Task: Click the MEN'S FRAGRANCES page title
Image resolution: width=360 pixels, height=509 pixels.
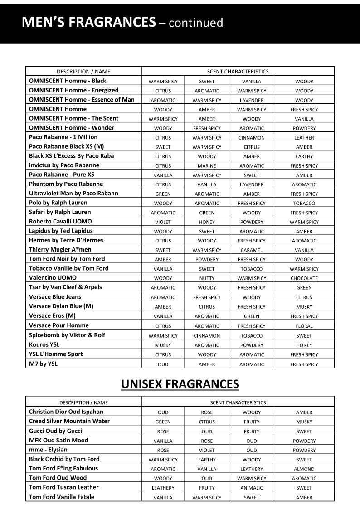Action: point(122,22)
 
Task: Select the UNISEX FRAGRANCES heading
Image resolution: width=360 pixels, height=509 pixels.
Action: point(180,384)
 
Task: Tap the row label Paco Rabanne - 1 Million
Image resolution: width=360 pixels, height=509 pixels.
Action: point(63,137)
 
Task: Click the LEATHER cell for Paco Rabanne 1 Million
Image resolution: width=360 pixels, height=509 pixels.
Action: point(304,138)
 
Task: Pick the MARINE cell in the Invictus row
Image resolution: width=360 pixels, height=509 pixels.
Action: point(207,166)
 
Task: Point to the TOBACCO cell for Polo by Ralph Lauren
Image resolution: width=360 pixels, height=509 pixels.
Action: point(304,204)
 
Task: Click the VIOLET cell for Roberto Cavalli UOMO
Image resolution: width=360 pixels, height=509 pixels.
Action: point(163,222)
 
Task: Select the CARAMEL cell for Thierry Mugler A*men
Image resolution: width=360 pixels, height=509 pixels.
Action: point(252,250)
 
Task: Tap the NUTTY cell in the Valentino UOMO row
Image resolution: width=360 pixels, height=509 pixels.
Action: point(207,278)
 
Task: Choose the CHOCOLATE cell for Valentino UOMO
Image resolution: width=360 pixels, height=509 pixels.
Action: point(304,278)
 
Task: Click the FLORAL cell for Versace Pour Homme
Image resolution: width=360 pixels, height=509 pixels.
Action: point(304,326)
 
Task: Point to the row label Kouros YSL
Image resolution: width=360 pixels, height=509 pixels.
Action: point(44,344)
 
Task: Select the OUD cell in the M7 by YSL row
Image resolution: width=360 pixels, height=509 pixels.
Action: point(163,364)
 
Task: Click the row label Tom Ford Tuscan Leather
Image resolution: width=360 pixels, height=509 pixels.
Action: point(63,487)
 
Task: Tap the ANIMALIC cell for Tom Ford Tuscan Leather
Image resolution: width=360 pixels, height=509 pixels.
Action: point(252,488)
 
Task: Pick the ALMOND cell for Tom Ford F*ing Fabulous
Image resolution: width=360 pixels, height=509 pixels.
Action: point(304,469)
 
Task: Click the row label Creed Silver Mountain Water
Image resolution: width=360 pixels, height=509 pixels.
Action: point(69,421)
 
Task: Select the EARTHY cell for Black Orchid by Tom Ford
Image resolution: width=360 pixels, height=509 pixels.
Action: point(207,460)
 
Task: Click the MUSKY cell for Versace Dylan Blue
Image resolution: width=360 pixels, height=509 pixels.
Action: point(304,307)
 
